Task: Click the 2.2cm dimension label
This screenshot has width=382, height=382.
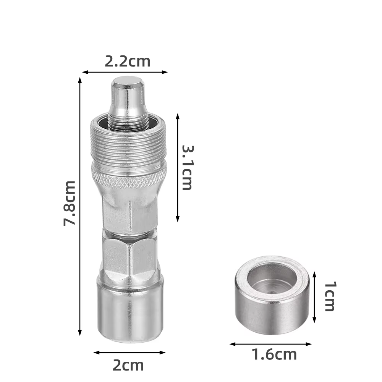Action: point(128,62)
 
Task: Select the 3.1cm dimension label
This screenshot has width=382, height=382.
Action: point(188,168)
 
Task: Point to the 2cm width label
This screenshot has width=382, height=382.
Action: point(128,365)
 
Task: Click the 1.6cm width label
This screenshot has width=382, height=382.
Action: point(274,354)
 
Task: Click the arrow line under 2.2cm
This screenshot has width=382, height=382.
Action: point(125,72)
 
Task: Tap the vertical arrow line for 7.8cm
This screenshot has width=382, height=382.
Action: point(80,206)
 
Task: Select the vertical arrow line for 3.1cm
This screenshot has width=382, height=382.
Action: point(178,168)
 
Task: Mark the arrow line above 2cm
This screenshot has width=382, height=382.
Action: point(129,352)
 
